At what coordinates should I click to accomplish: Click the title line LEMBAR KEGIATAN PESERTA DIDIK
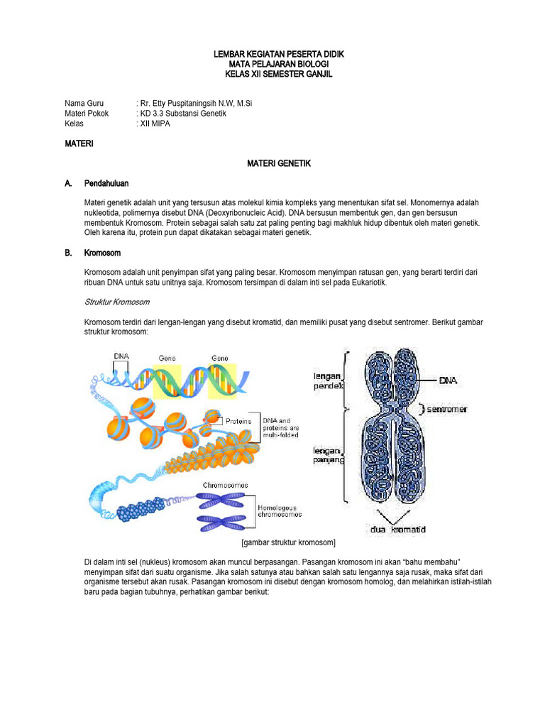point(272,55)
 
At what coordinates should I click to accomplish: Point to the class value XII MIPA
point(155,124)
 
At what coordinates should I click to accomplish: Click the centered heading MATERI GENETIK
point(279,163)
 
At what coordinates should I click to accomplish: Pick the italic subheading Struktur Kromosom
point(116,302)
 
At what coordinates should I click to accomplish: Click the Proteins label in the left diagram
point(239,421)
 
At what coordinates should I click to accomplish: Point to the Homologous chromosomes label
point(279,510)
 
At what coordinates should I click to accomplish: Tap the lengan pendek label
point(328,381)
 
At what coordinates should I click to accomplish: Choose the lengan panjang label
point(328,455)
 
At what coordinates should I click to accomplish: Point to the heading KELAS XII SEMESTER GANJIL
point(272,75)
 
